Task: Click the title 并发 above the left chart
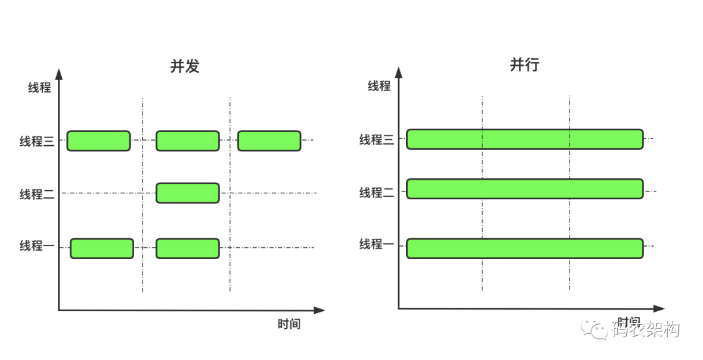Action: tap(185, 66)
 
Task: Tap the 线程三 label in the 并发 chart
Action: tap(36, 141)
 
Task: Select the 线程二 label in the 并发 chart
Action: tap(36, 194)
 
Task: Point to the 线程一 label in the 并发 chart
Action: tap(36, 246)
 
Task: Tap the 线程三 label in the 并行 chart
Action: tap(377, 139)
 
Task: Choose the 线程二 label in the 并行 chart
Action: tap(377, 193)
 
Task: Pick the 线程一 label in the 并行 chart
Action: tap(377, 244)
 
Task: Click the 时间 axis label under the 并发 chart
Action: tap(289, 324)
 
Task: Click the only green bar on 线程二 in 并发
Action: tap(187, 193)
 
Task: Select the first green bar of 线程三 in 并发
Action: tap(98, 141)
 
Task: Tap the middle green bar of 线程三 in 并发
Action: tap(187, 141)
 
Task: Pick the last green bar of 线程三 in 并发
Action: tap(269, 141)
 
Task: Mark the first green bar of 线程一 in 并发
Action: tap(102, 248)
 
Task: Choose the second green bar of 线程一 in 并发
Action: tap(187, 248)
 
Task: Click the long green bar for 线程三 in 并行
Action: tap(525, 139)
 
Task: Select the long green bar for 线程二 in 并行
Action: tap(525, 189)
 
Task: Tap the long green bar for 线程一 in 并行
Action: tap(525, 248)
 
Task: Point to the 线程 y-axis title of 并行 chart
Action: tap(379, 86)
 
